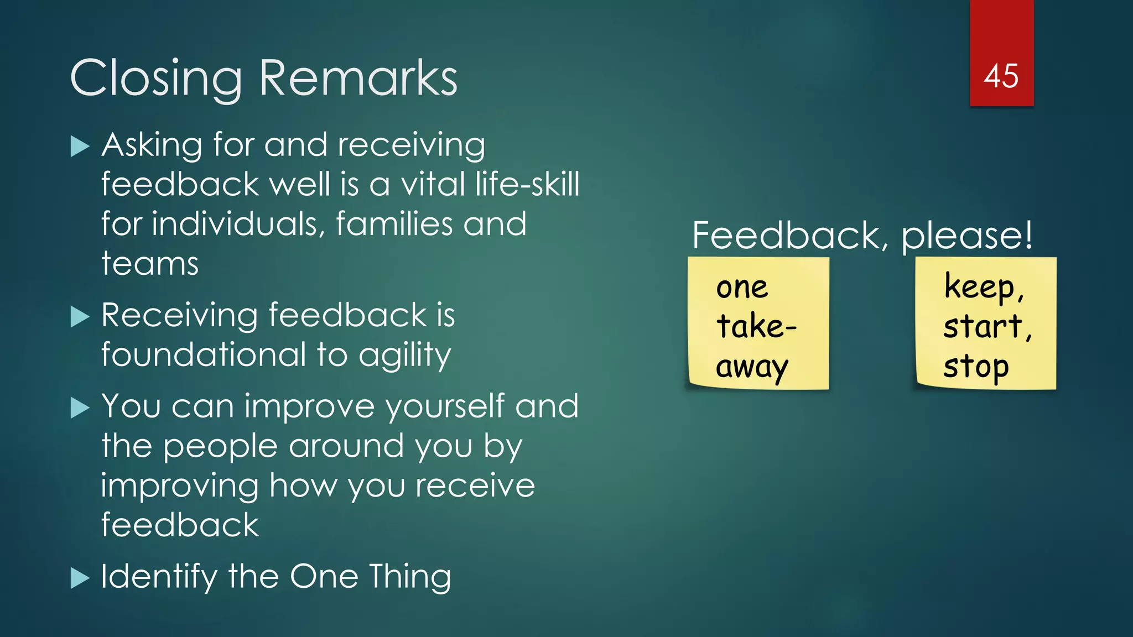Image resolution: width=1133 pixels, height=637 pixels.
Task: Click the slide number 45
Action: click(x=1001, y=76)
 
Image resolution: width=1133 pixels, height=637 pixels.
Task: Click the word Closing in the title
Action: click(x=156, y=79)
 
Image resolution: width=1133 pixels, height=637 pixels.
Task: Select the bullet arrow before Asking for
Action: click(x=80, y=147)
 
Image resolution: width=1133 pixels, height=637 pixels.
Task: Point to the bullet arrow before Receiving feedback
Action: click(x=80, y=317)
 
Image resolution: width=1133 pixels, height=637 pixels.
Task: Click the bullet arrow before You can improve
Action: click(x=80, y=408)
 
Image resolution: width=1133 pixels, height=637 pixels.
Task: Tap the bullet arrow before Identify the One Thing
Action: click(x=80, y=578)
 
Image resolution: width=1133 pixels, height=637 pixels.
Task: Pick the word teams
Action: click(x=150, y=264)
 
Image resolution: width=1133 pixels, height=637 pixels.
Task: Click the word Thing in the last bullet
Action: click(x=410, y=577)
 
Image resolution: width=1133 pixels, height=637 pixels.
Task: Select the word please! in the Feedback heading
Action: click(x=966, y=236)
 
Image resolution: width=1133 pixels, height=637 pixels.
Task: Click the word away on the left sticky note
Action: click(x=751, y=367)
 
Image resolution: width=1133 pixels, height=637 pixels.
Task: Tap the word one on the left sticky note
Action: click(x=742, y=288)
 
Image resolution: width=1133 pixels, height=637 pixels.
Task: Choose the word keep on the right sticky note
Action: click(x=979, y=287)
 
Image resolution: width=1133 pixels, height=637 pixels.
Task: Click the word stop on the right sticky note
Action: click(x=976, y=367)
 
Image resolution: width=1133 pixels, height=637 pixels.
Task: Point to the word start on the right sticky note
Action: click(x=983, y=326)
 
